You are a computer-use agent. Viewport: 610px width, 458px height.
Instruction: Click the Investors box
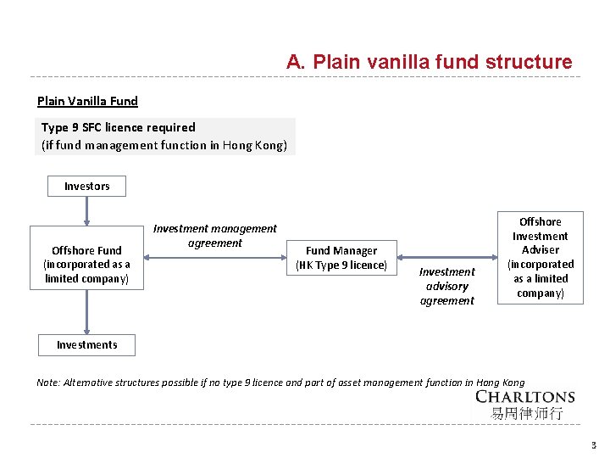tap(86, 186)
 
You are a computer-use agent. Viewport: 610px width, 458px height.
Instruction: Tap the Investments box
tap(86, 344)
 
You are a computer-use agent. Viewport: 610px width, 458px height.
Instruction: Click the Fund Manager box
tap(341, 258)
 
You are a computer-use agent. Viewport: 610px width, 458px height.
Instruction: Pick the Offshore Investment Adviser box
tap(540, 257)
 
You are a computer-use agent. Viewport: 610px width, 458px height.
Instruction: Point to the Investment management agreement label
tap(214, 236)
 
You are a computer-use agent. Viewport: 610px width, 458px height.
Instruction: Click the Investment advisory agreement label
tap(446, 286)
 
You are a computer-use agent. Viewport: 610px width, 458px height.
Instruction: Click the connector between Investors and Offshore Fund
tap(86, 211)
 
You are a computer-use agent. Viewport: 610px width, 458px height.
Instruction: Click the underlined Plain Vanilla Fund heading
tap(87, 101)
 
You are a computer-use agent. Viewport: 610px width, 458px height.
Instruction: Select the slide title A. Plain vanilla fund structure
tap(429, 62)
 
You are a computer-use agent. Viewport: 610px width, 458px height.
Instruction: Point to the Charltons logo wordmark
tap(524, 397)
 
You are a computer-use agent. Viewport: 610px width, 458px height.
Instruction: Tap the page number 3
tap(594, 444)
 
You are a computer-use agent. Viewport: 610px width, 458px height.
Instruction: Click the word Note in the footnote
tap(48, 383)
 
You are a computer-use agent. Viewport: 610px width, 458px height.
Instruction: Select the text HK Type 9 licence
tap(341, 265)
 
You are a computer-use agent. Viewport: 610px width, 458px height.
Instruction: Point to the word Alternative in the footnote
tap(92, 383)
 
